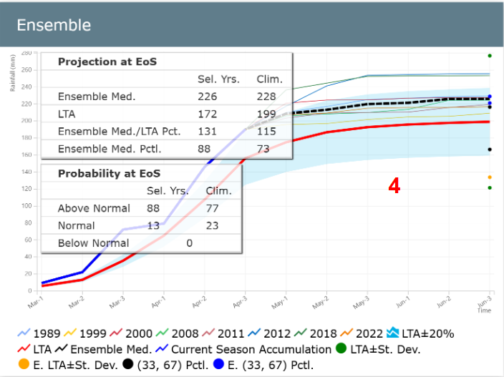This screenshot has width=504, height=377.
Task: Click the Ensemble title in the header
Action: [x=54, y=25]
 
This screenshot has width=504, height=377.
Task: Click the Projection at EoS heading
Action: [x=107, y=62]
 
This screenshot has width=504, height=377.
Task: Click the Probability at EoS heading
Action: [x=109, y=174]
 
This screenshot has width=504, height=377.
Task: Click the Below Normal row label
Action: [x=93, y=243]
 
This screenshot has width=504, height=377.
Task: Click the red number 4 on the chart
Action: [x=394, y=186]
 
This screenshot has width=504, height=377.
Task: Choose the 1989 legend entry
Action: [x=39, y=333]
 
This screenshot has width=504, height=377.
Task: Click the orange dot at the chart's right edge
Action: [x=490, y=177]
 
